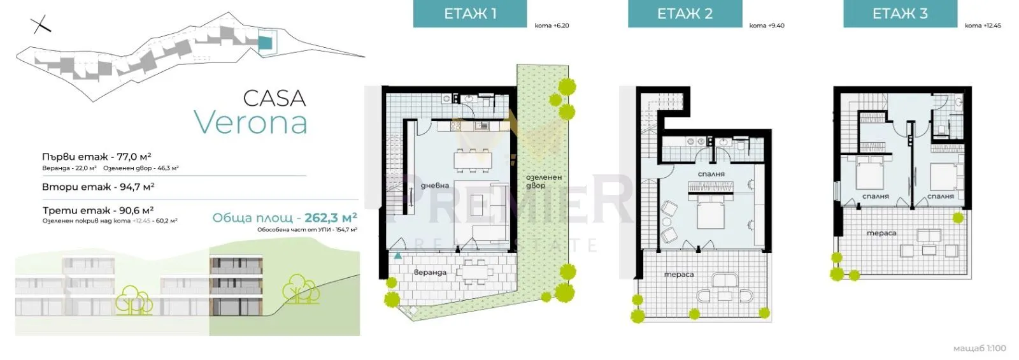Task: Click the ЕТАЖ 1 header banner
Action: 470,14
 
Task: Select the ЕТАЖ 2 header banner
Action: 685,14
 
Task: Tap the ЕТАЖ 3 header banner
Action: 900,14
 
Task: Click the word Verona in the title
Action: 250,122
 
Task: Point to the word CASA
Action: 274,98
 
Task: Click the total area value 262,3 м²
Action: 331,218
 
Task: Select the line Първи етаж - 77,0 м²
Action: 96,156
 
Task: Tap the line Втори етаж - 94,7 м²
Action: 98,187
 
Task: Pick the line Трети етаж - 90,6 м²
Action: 98,210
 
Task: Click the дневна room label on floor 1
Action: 435,185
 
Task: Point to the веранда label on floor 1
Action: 430,272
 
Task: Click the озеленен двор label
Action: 543,182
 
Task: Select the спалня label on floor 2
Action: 711,173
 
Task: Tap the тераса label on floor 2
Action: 678,274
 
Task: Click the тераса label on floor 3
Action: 881,233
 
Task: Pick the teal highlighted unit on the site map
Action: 265,43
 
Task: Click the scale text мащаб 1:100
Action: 979,348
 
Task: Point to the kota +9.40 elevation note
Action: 766,25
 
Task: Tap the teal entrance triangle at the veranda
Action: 397,256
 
